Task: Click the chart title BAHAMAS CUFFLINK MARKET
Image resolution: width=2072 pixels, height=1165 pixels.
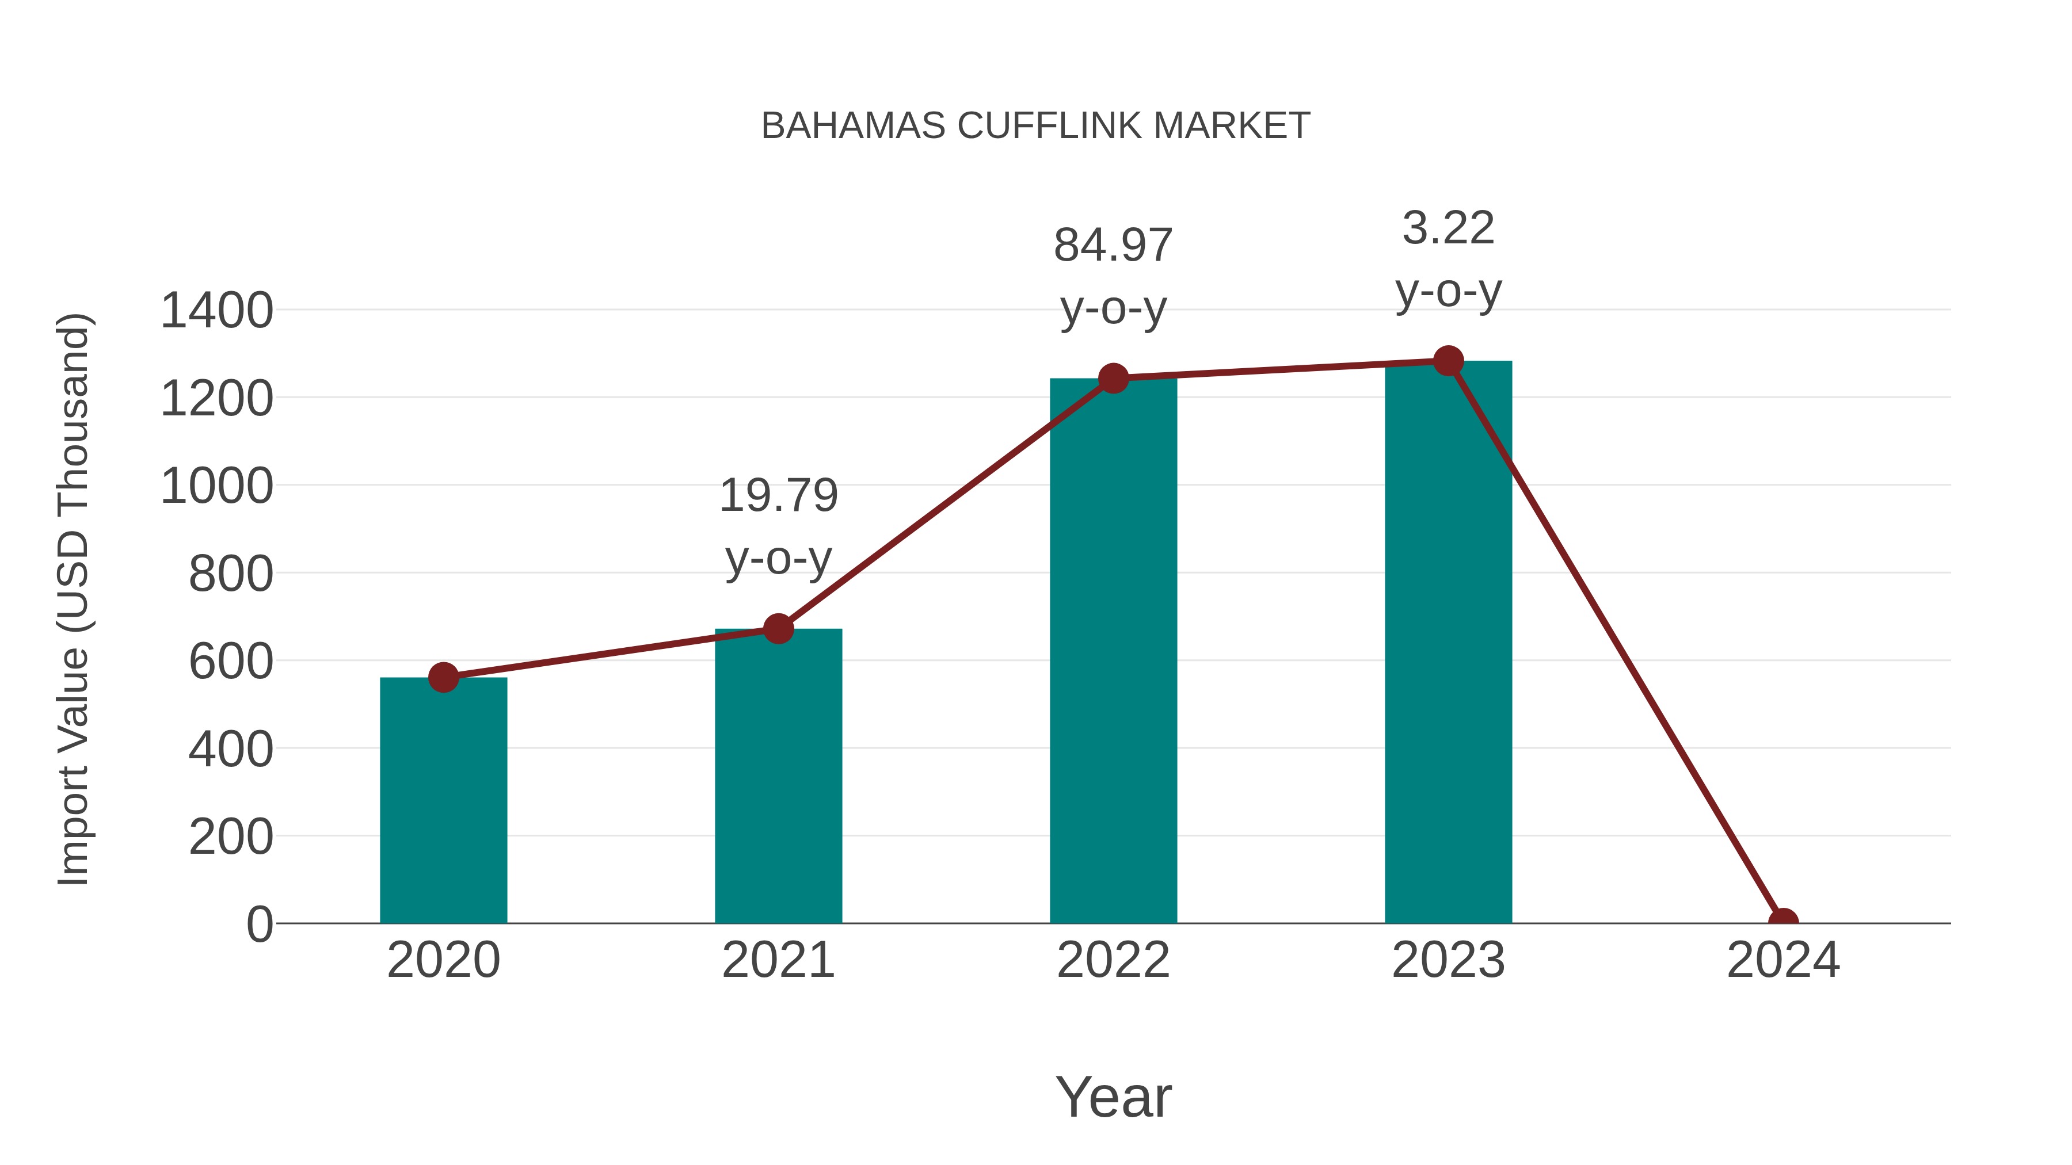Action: click(1035, 126)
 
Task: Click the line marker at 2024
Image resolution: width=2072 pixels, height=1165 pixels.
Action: click(1782, 922)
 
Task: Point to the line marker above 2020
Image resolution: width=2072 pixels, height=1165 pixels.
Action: click(443, 677)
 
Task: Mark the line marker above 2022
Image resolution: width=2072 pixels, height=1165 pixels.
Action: click(1113, 378)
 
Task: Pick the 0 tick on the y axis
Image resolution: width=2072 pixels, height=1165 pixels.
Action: click(259, 925)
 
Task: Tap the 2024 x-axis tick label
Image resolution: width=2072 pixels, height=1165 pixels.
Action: click(1782, 960)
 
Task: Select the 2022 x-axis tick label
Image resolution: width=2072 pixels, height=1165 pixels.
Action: click(1113, 960)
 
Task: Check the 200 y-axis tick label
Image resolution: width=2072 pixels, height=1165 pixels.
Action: click(231, 837)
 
